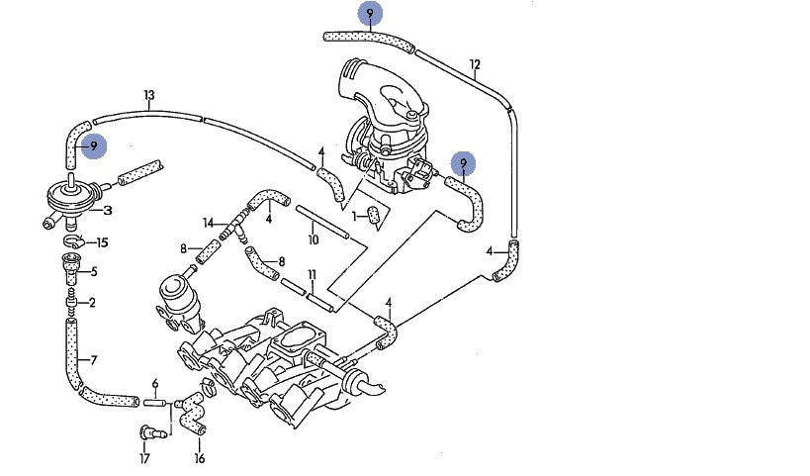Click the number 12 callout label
click(476, 66)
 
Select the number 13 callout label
click(149, 96)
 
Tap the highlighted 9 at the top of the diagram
click(370, 14)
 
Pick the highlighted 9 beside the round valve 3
click(93, 146)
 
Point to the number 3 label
click(107, 210)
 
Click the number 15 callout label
click(102, 242)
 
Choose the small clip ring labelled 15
click(72, 241)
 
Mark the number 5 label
click(94, 272)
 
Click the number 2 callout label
click(92, 303)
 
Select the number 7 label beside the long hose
click(94, 359)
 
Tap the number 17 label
click(144, 458)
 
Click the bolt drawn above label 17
click(145, 431)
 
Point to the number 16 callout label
click(199, 458)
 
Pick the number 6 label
click(154, 383)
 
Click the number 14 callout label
click(209, 222)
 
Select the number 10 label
click(313, 240)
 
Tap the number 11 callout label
click(312, 274)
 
